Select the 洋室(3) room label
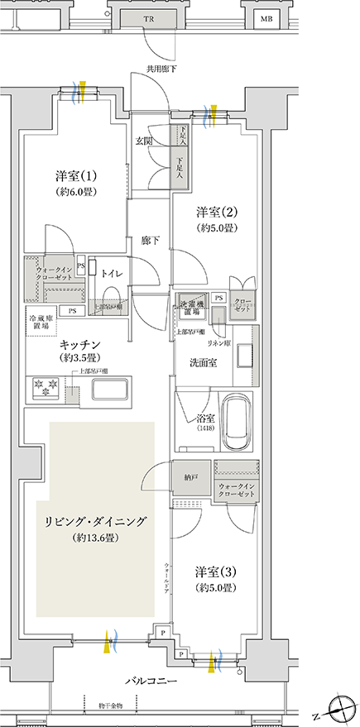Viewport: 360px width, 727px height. click(217, 572)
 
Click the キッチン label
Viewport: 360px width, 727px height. click(80, 342)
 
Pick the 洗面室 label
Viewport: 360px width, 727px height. click(202, 364)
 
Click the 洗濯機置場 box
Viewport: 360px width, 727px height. click(190, 308)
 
